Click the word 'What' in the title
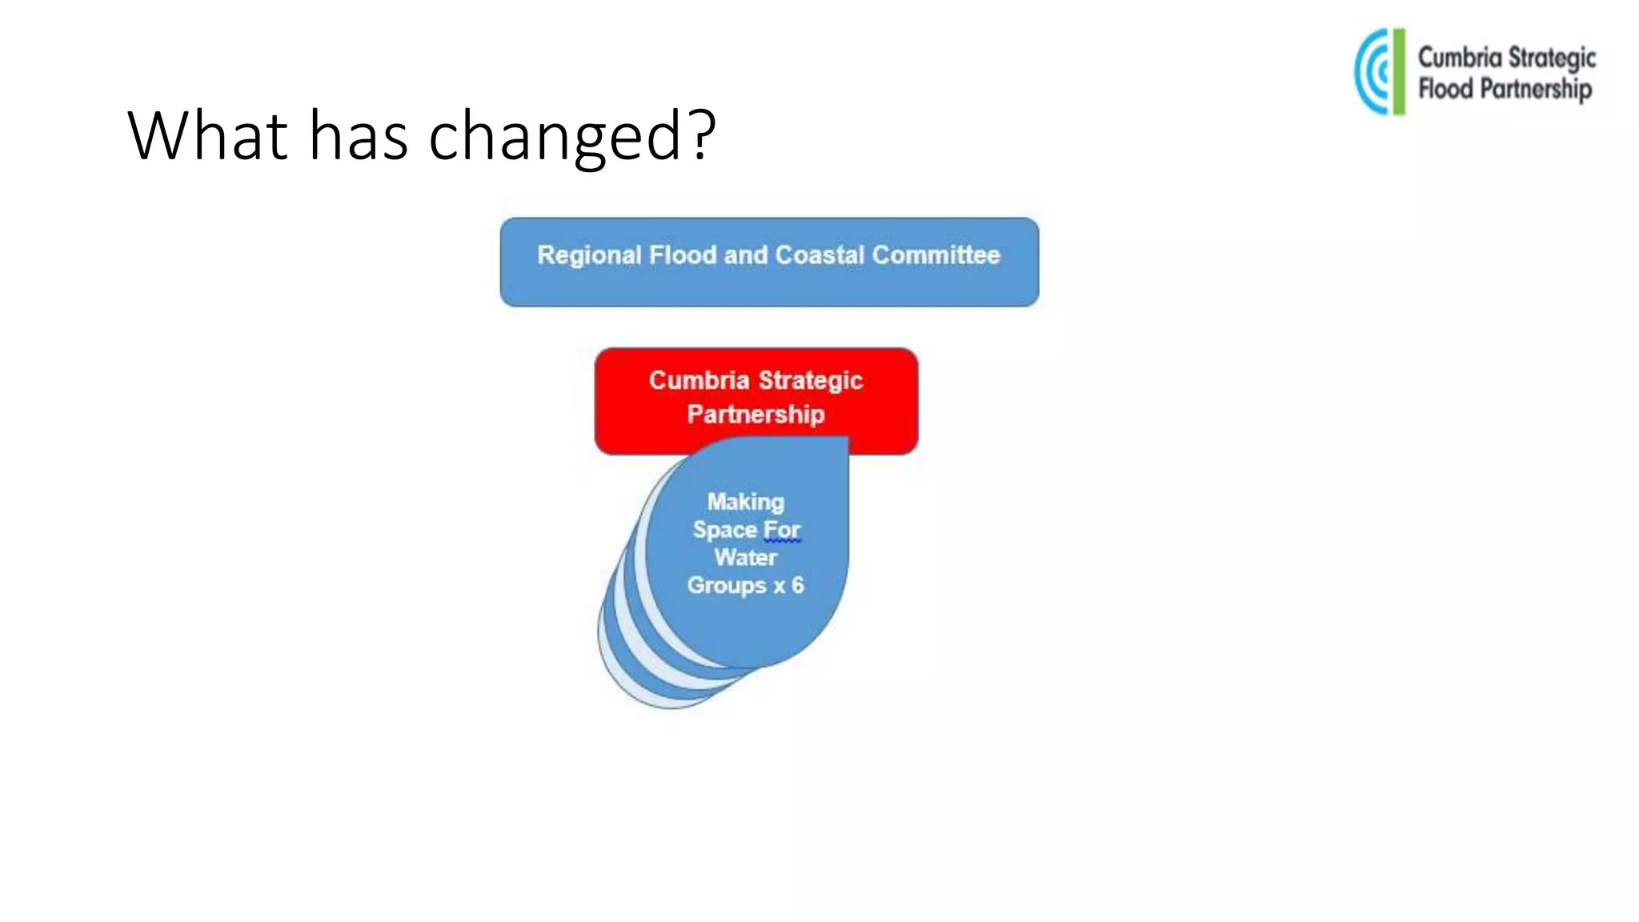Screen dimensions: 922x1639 click(207, 135)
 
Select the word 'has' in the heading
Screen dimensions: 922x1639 click(359, 135)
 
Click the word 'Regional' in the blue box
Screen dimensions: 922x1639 click(589, 255)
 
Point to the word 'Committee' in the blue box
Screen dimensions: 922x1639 click(936, 255)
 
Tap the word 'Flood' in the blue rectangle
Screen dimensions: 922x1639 click(683, 255)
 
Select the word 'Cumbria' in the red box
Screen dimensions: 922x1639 click(699, 380)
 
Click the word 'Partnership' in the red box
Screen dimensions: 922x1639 click(755, 415)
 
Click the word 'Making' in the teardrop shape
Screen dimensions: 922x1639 click(745, 502)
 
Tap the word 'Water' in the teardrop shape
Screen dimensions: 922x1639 click(745, 557)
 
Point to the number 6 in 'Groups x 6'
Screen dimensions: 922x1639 click(797, 585)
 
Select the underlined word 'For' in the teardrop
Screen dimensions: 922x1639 click(782, 530)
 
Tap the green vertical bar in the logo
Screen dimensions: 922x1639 click(1398, 72)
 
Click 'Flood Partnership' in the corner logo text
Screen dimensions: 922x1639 click(1505, 89)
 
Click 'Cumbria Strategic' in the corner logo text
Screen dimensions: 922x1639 click(1506, 58)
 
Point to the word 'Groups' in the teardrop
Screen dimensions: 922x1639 click(727, 586)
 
